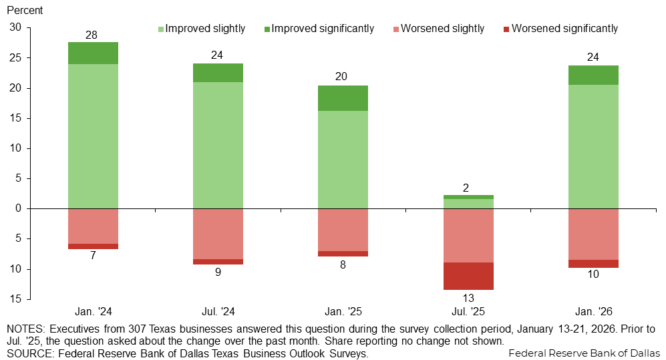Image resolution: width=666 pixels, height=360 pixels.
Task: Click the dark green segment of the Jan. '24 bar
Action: click(93, 53)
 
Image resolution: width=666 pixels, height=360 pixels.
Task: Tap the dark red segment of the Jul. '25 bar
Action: click(468, 276)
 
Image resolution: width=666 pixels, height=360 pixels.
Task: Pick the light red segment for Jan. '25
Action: click(343, 230)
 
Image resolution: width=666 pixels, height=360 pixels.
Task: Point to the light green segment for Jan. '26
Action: click(593, 146)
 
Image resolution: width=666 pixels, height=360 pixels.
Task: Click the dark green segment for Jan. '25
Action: click(343, 98)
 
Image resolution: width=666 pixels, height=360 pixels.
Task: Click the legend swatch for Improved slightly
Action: click(161, 29)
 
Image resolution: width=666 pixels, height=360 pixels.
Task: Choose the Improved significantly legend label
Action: click(323, 29)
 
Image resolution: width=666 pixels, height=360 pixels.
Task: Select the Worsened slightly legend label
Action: click(443, 29)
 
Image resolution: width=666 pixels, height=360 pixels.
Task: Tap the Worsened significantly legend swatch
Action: click(506, 29)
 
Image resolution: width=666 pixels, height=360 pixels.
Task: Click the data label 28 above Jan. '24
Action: click(92, 35)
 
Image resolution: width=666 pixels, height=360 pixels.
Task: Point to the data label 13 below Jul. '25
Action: click(468, 298)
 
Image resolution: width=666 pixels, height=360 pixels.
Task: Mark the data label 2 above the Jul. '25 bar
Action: click(468, 188)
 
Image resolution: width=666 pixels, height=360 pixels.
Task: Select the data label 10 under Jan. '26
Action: click(593, 275)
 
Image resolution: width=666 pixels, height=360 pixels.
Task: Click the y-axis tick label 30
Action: click(15, 28)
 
